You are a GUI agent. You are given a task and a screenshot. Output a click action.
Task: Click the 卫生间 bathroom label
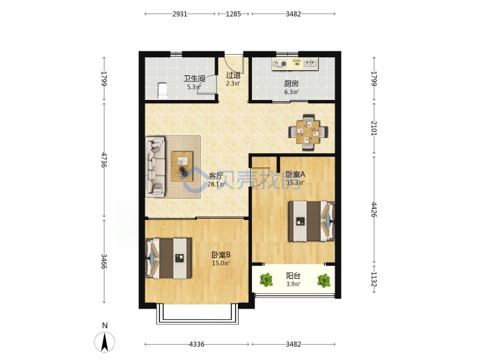click(194, 79)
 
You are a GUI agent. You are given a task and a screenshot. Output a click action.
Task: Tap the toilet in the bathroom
click(162, 91)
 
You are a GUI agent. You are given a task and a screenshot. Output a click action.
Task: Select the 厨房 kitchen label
click(291, 83)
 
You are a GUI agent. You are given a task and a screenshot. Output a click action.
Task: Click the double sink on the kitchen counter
click(310, 64)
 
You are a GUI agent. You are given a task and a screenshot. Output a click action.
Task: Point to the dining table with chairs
click(308, 132)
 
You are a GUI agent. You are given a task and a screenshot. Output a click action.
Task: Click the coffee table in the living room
click(182, 167)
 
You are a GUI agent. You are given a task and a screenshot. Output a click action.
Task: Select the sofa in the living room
click(155, 166)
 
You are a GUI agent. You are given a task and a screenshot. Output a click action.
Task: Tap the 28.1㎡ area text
click(216, 184)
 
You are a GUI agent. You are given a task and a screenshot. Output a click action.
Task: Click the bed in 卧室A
click(311, 221)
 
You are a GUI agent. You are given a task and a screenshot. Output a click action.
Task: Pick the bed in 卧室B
click(169, 259)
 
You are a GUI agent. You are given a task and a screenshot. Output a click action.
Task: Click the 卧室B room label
click(221, 255)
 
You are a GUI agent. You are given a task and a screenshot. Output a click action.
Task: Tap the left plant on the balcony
click(266, 280)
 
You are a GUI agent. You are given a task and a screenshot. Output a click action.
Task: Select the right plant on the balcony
click(324, 281)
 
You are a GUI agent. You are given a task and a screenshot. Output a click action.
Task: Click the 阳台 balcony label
click(293, 275)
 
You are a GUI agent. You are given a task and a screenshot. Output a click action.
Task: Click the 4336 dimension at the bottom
click(197, 344)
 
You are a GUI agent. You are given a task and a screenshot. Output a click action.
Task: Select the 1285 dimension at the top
click(233, 14)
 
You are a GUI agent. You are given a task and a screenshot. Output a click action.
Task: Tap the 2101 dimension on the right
click(374, 128)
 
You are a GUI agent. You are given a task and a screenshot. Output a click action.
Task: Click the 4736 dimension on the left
click(104, 160)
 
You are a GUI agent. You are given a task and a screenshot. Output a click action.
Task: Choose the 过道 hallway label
click(233, 75)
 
